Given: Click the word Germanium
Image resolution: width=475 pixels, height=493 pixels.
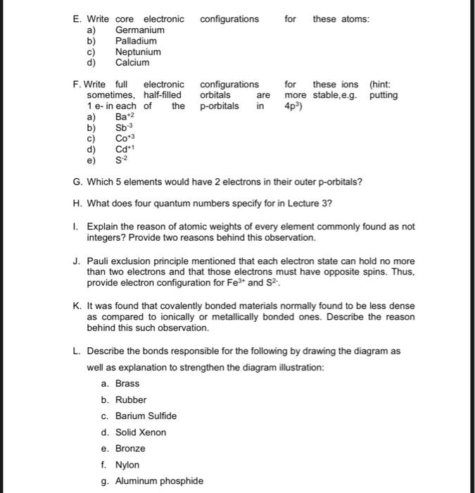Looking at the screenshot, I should tap(140, 30).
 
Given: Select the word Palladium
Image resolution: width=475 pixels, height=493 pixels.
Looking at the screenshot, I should tap(137, 41).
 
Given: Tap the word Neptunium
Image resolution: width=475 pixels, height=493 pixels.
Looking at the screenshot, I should tap(138, 52).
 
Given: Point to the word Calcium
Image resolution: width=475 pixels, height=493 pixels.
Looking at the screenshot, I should tap(132, 63).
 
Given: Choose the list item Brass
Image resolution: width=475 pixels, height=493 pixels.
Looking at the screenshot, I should tap(127, 384).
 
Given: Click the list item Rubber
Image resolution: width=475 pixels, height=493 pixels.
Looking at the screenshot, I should tap(131, 400).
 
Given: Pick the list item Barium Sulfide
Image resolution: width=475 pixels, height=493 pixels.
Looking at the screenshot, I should tap(146, 416).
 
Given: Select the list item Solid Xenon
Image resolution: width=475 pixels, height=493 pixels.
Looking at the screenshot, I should tap(141, 432).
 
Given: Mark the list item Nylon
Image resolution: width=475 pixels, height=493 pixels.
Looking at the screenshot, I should tap(127, 465).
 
